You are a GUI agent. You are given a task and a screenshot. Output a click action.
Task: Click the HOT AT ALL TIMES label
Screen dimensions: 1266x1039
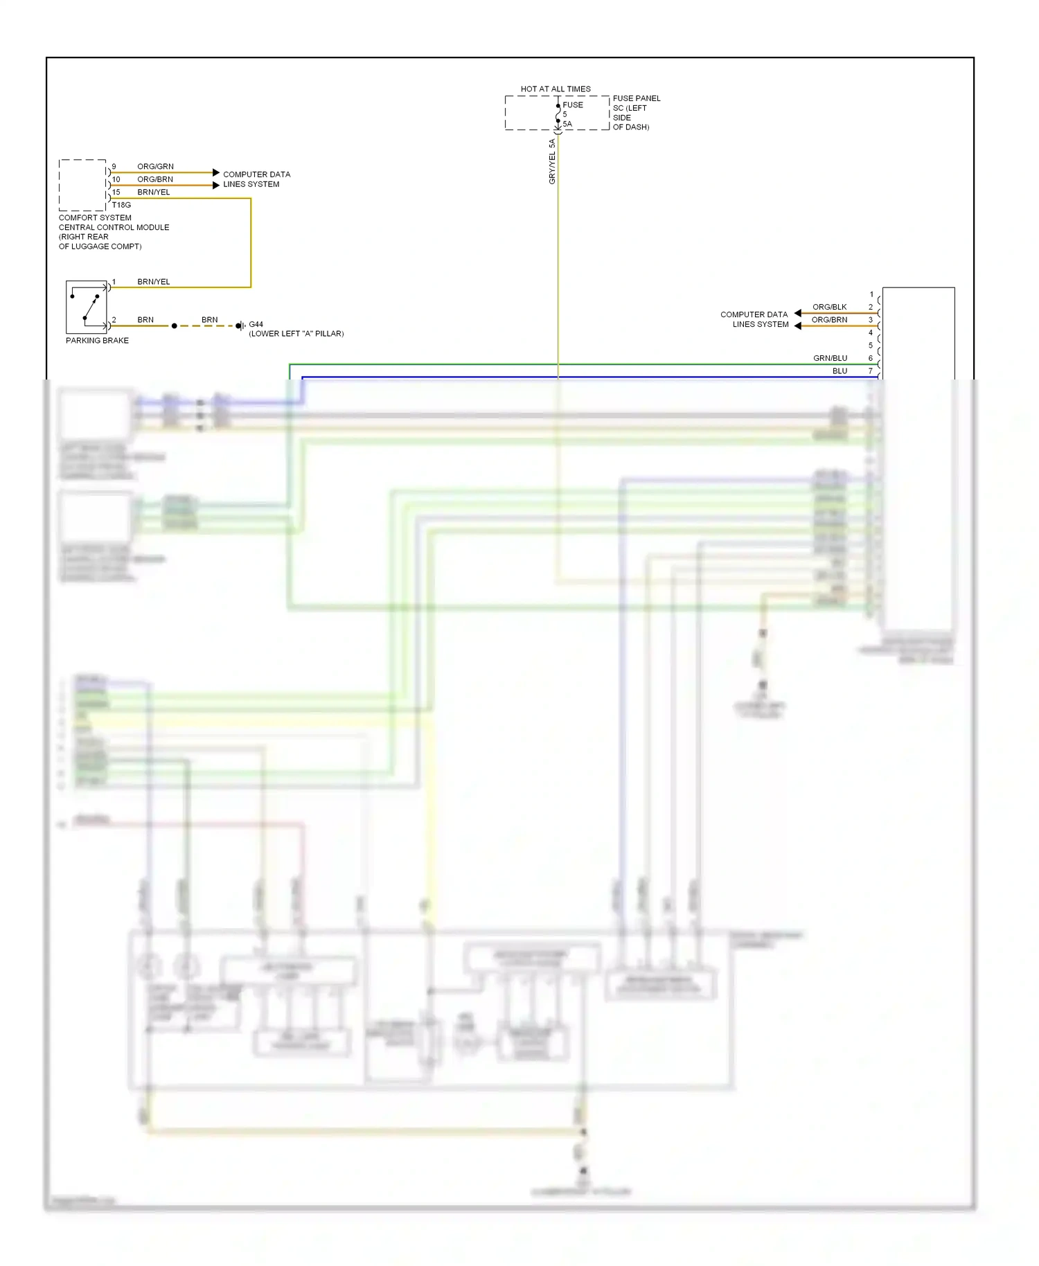(556, 89)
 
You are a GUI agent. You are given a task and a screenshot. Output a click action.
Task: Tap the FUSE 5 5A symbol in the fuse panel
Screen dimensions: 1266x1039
(558, 114)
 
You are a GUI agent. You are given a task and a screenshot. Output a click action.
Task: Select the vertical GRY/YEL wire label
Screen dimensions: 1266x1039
(552, 161)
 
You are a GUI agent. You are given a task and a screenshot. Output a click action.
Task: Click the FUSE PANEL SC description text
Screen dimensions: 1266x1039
(636, 112)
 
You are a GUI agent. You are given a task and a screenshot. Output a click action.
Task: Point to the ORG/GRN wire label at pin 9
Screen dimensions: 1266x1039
(155, 166)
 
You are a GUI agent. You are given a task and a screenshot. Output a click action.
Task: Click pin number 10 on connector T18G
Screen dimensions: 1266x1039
(116, 179)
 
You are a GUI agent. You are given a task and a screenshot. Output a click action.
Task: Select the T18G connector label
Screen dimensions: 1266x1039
(121, 205)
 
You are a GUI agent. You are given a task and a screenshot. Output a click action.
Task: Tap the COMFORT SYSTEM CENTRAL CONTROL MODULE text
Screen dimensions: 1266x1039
(113, 231)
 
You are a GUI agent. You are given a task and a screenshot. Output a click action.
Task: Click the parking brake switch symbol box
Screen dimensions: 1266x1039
(87, 307)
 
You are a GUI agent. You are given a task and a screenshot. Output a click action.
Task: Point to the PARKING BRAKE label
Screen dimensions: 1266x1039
(97, 341)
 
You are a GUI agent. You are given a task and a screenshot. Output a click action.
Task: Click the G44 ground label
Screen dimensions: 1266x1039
(256, 324)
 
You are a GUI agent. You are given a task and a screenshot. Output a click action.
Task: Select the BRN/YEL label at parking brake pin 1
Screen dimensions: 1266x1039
(153, 282)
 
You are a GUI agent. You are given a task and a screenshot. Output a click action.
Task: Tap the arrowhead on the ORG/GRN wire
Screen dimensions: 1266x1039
(216, 172)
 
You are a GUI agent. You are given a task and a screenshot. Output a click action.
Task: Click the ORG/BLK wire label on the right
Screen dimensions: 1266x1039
(829, 307)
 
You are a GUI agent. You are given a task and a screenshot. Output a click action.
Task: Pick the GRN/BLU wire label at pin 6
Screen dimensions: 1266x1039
(830, 358)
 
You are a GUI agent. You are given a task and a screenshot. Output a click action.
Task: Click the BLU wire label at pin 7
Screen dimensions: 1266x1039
(840, 371)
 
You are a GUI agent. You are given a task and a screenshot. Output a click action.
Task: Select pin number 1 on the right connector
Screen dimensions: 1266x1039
(871, 294)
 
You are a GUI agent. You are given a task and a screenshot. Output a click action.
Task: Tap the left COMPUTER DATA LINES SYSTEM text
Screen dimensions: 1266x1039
(256, 179)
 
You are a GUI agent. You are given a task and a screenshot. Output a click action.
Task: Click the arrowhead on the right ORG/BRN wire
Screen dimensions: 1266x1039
(798, 326)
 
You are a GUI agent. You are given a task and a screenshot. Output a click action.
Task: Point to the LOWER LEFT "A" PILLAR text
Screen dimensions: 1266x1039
(296, 334)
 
